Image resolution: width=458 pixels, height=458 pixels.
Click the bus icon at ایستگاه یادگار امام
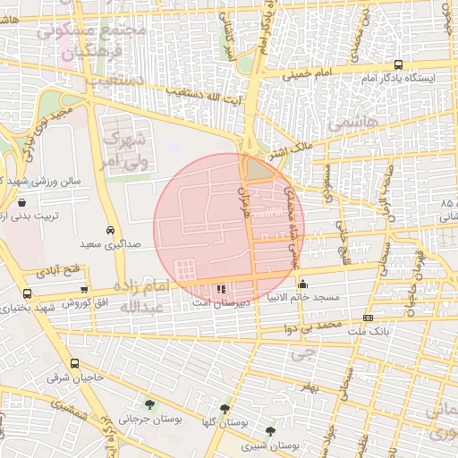click(x=399, y=64)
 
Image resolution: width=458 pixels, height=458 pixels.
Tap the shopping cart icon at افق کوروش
click(x=84, y=289)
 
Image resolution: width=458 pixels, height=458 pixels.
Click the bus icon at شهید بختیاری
click(x=27, y=293)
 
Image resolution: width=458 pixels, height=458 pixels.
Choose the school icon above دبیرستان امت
click(x=221, y=289)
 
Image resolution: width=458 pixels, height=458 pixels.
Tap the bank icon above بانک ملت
click(x=369, y=318)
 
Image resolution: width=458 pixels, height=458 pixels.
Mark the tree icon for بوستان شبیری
click(x=270, y=431)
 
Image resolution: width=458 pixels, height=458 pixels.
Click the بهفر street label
click(x=310, y=386)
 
